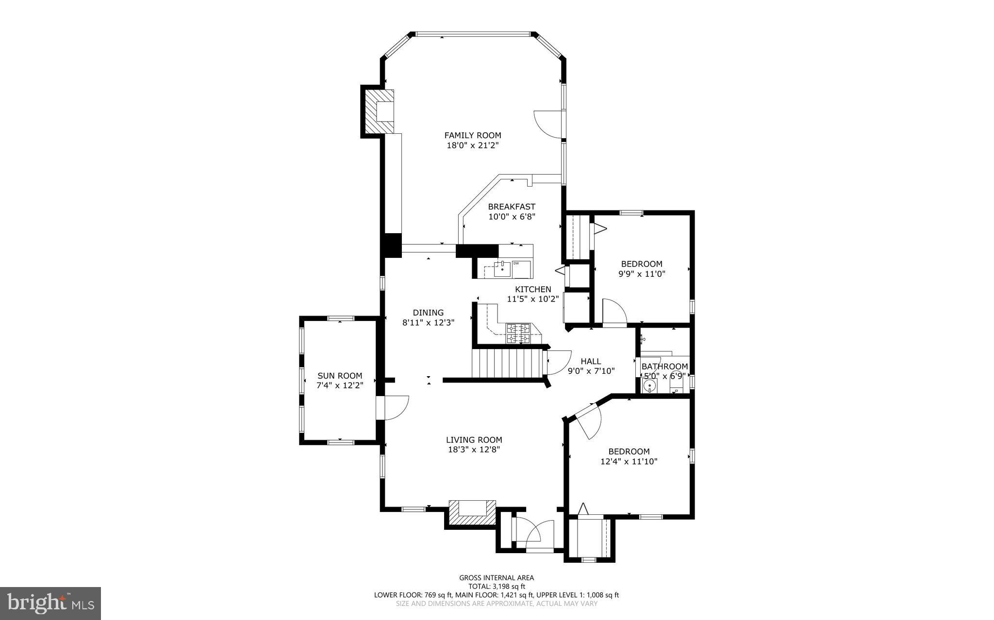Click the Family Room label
click(472, 135)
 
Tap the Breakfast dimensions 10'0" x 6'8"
click(512, 217)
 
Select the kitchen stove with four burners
click(517, 333)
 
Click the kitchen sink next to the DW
click(502, 269)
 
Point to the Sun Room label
click(340, 376)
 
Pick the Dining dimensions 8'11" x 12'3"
click(428, 322)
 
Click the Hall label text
click(591, 361)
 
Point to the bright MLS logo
click(50, 603)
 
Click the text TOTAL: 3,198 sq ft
click(496, 587)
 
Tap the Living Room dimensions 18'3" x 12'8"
click(474, 449)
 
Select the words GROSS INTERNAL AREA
click(496, 578)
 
